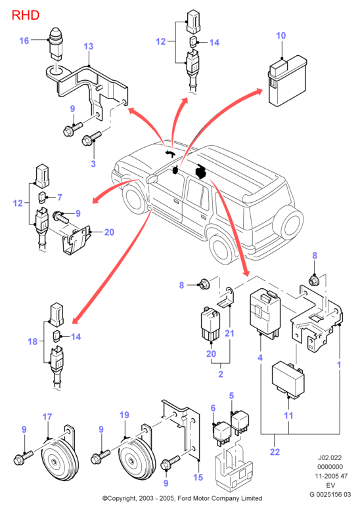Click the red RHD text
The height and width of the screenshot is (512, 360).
(x=26, y=15)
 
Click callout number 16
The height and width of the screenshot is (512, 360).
(x=24, y=41)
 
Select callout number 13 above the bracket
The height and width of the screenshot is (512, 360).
(x=89, y=47)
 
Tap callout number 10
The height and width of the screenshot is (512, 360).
(x=281, y=35)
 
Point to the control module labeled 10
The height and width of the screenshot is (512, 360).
(x=287, y=81)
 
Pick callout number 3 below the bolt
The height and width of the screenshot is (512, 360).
(x=93, y=163)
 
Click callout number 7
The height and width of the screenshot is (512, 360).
(x=60, y=197)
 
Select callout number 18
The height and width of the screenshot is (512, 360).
(x=33, y=341)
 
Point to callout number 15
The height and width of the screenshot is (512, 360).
(x=198, y=477)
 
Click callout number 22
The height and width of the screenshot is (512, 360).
(x=275, y=452)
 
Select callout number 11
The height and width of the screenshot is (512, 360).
(x=288, y=416)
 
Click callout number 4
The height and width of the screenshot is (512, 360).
(x=260, y=358)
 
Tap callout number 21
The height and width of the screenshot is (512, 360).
(x=230, y=333)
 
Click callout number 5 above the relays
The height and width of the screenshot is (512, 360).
(x=231, y=396)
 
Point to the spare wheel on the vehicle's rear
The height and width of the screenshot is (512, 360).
(x=288, y=223)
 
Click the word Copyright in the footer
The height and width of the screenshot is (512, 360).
(x=122, y=498)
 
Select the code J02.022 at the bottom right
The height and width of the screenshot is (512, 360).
(x=330, y=458)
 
